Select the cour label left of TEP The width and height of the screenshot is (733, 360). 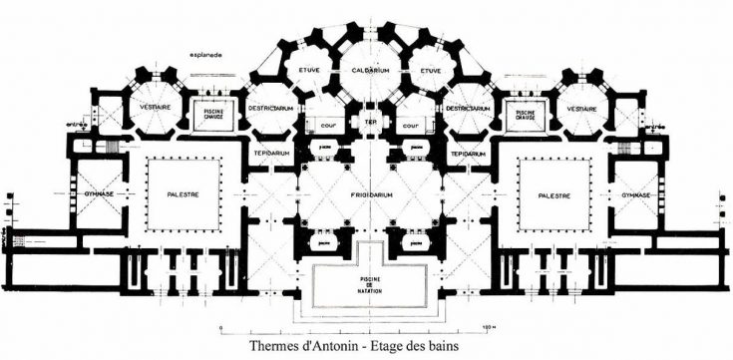[327, 126]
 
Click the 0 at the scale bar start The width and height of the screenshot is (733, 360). [221, 325]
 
